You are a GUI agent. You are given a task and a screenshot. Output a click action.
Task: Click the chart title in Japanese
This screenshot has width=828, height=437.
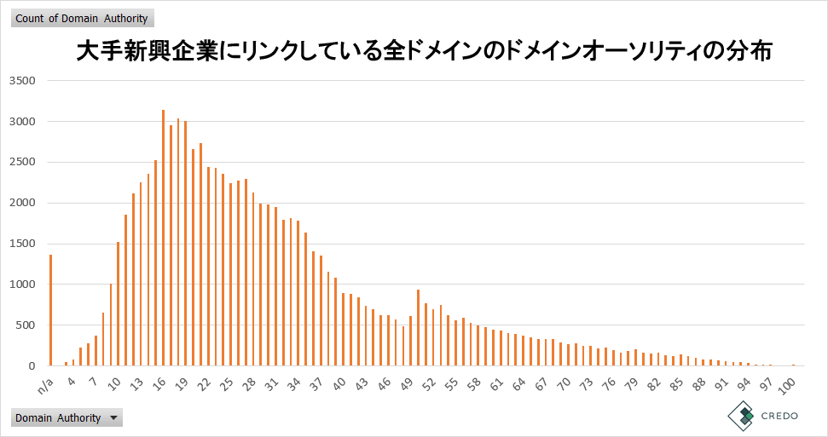[424, 52]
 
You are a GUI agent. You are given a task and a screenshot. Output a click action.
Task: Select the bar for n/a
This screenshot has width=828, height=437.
[51, 310]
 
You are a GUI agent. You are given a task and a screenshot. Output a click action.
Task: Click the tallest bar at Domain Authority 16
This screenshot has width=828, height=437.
[163, 238]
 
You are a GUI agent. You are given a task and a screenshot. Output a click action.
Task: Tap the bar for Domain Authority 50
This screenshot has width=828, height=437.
[418, 328]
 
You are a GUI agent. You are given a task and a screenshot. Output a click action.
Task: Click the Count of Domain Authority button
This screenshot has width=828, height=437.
[82, 19]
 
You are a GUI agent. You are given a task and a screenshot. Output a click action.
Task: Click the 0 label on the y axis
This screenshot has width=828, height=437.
[32, 366]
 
